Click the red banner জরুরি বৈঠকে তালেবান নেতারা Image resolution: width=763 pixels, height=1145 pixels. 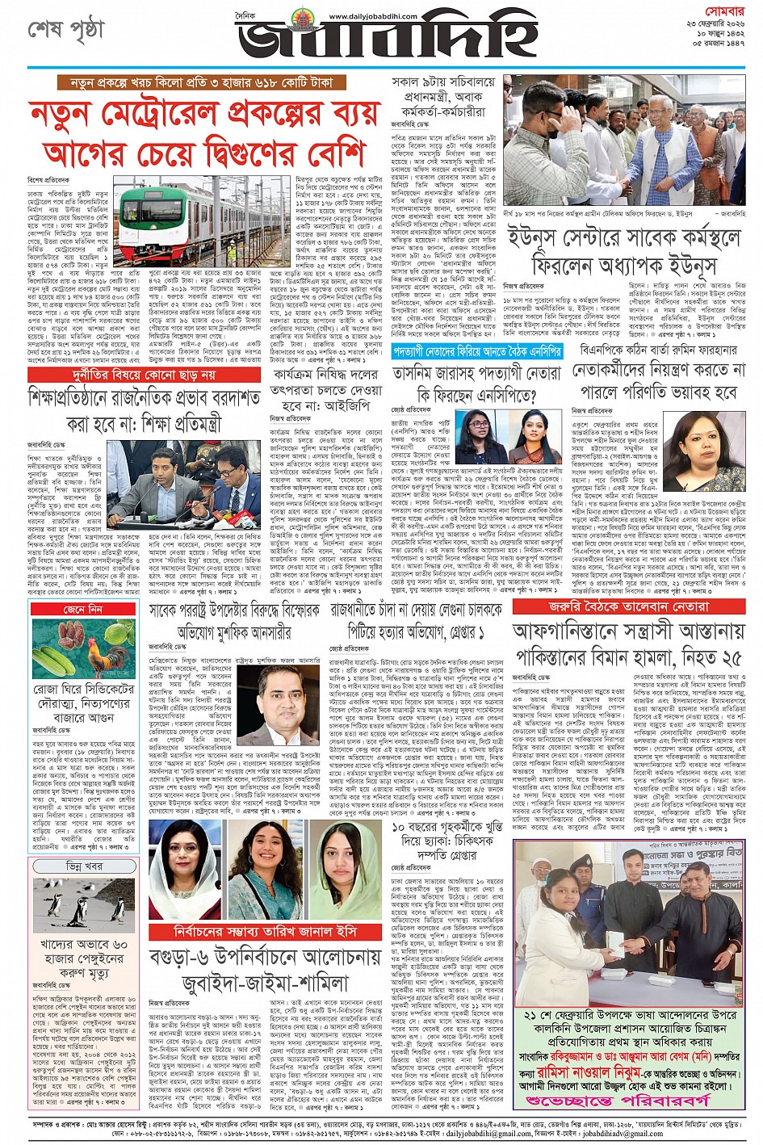click(x=628, y=606)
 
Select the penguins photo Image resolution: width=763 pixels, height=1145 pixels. click(x=84, y=904)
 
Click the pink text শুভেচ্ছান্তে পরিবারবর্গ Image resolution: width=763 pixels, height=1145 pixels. click(x=628, y=1100)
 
